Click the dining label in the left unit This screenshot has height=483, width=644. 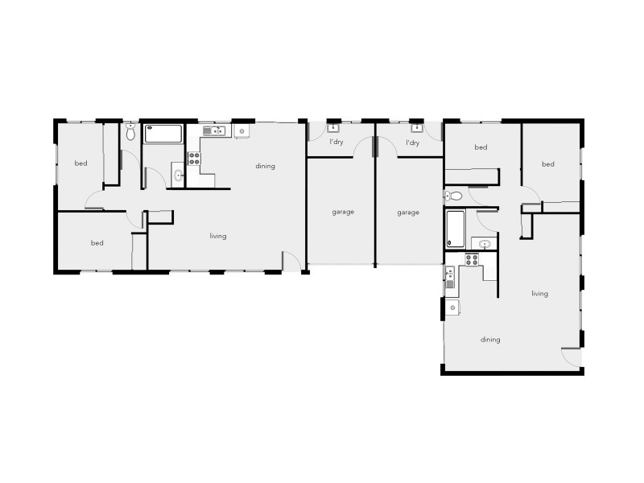265,167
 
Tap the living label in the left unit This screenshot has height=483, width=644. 217,236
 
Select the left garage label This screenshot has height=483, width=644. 343,213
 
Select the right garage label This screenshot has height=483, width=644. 408,213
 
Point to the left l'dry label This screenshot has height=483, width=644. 336,143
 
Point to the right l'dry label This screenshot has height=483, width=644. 412,143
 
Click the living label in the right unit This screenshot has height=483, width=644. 539,294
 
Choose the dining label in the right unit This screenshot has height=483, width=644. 490,340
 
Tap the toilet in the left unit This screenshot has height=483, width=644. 130,133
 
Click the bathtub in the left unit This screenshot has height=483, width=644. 164,134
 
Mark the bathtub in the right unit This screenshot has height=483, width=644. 455,229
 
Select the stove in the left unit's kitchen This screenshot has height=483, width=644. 193,158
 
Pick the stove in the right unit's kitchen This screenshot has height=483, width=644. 472,258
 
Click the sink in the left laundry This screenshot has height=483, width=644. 333,126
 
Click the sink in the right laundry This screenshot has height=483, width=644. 416,126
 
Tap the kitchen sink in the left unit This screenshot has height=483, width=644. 213,130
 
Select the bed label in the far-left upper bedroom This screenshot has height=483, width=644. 80,163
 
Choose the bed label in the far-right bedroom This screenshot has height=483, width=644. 548,164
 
